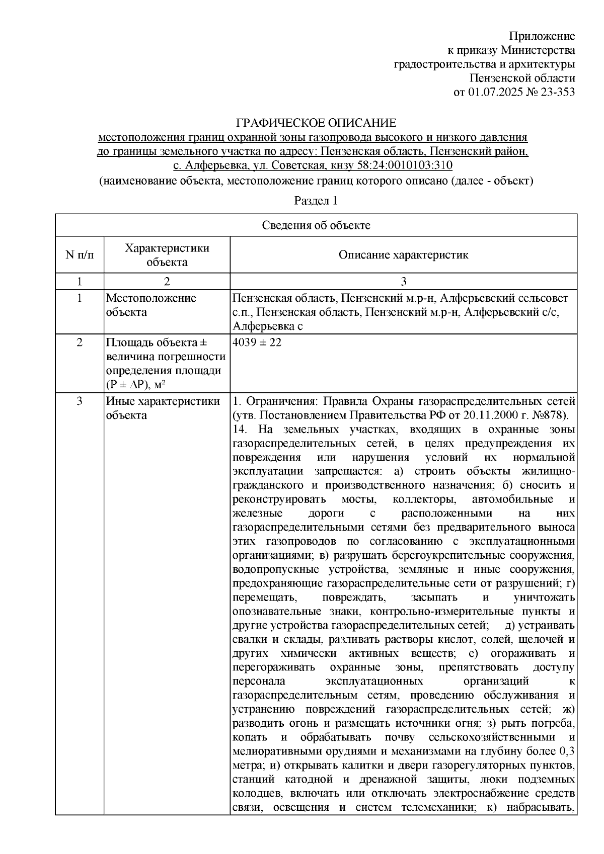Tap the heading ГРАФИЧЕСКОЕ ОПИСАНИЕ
[317, 123]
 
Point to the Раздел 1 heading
[316, 201]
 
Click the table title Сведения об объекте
[316, 225]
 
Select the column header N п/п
[80, 255]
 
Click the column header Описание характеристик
[403, 255]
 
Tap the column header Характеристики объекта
[167, 255]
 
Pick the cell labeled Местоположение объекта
[151, 305]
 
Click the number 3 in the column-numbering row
[403, 281]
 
